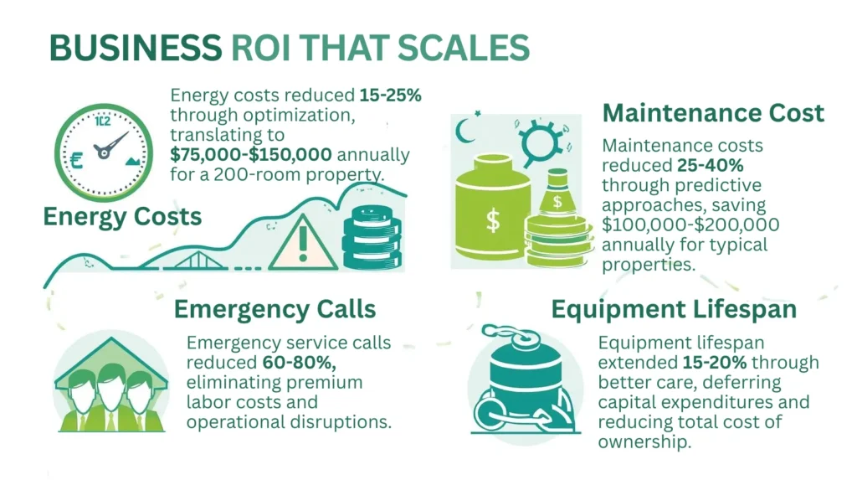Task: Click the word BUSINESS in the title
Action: point(134,48)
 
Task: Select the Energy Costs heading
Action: point(122,217)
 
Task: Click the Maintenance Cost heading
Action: point(713,113)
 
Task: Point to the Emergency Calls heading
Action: point(275,309)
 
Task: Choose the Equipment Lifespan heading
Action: point(674,309)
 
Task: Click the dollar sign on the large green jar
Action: point(492,220)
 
